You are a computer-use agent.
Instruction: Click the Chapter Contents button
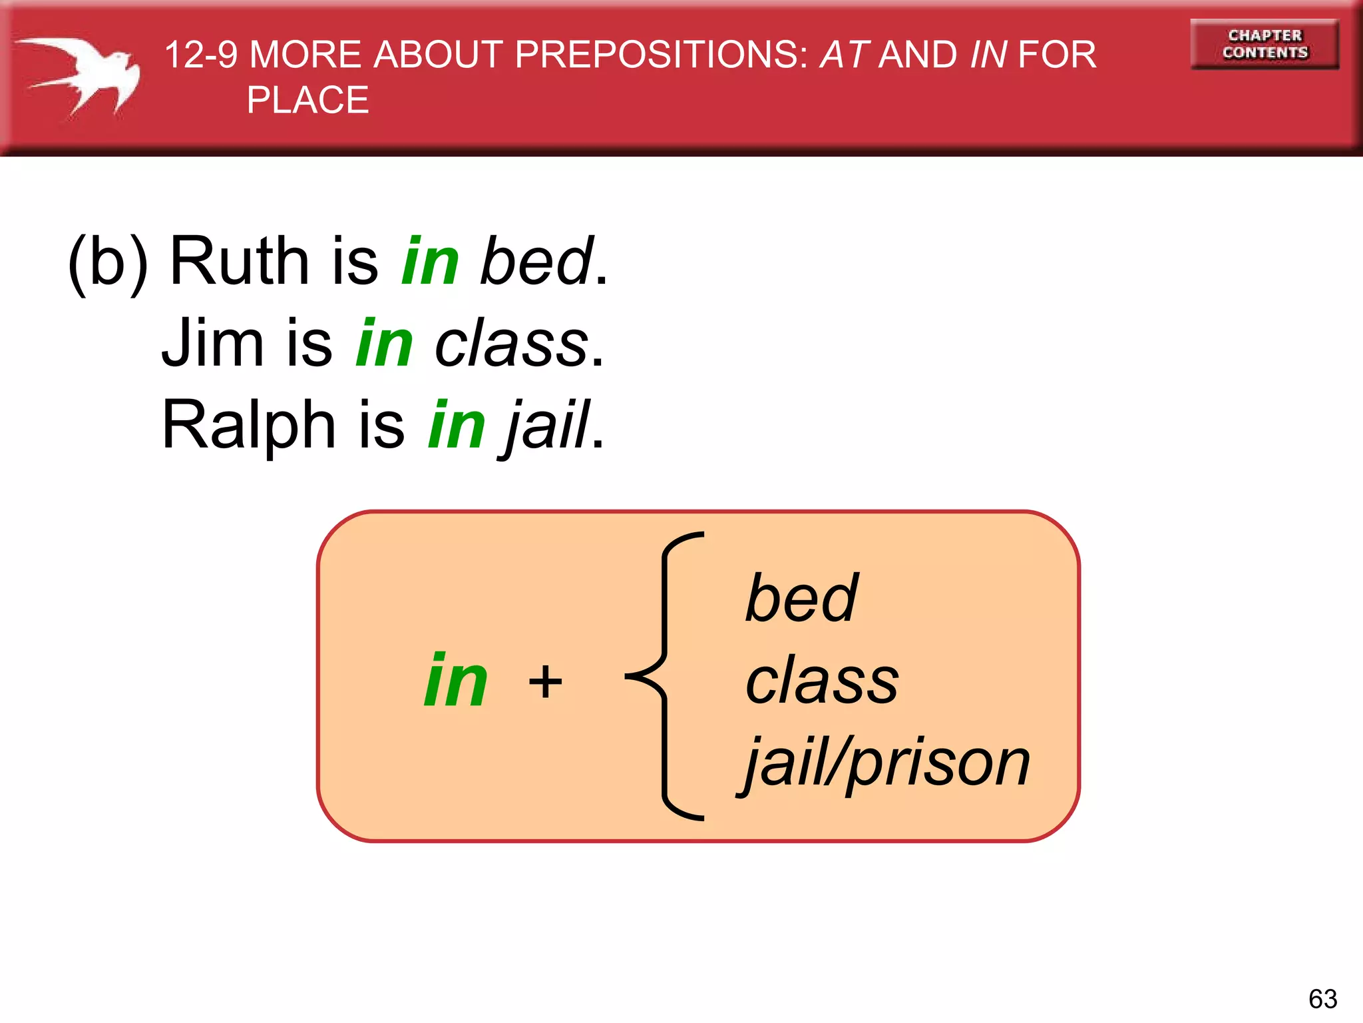click(1265, 44)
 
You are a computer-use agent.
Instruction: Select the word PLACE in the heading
click(307, 101)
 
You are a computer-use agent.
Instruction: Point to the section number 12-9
click(200, 55)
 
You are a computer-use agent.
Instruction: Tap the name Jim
click(213, 344)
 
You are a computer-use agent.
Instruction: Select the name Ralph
click(249, 425)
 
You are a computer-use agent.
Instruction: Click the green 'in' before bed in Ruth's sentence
click(431, 261)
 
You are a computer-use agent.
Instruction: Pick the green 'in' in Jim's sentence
click(385, 344)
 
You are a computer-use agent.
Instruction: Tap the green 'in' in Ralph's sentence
click(457, 425)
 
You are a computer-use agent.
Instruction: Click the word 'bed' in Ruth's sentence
click(536, 261)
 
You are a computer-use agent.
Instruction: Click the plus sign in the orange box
click(545, 681)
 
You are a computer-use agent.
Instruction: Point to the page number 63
click(1322, 999)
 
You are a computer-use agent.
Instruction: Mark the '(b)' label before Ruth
click(108, 262)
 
